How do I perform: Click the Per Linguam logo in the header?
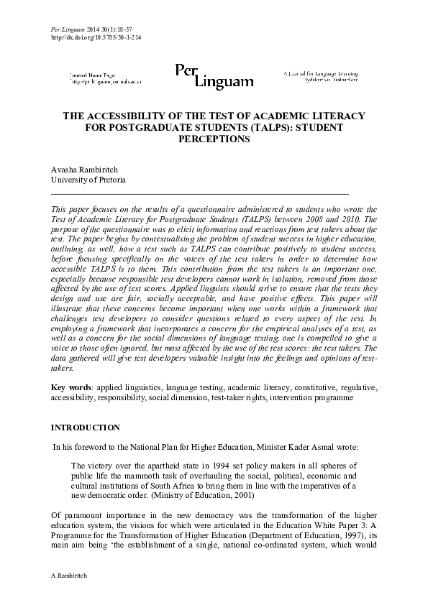coord(214,75)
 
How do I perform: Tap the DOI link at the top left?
coord(96,37)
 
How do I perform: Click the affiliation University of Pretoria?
coord(88,179)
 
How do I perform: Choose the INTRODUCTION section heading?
coord(85,428)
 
